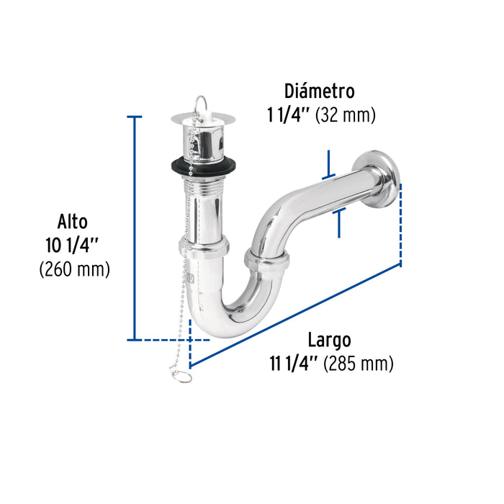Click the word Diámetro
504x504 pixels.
(x=319, y=91)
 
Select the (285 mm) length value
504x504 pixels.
(x=358, y=364)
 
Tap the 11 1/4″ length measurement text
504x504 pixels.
(x=292, y=364)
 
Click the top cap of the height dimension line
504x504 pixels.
(x=134, y=116)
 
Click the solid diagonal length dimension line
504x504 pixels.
(x=295, y=315)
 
